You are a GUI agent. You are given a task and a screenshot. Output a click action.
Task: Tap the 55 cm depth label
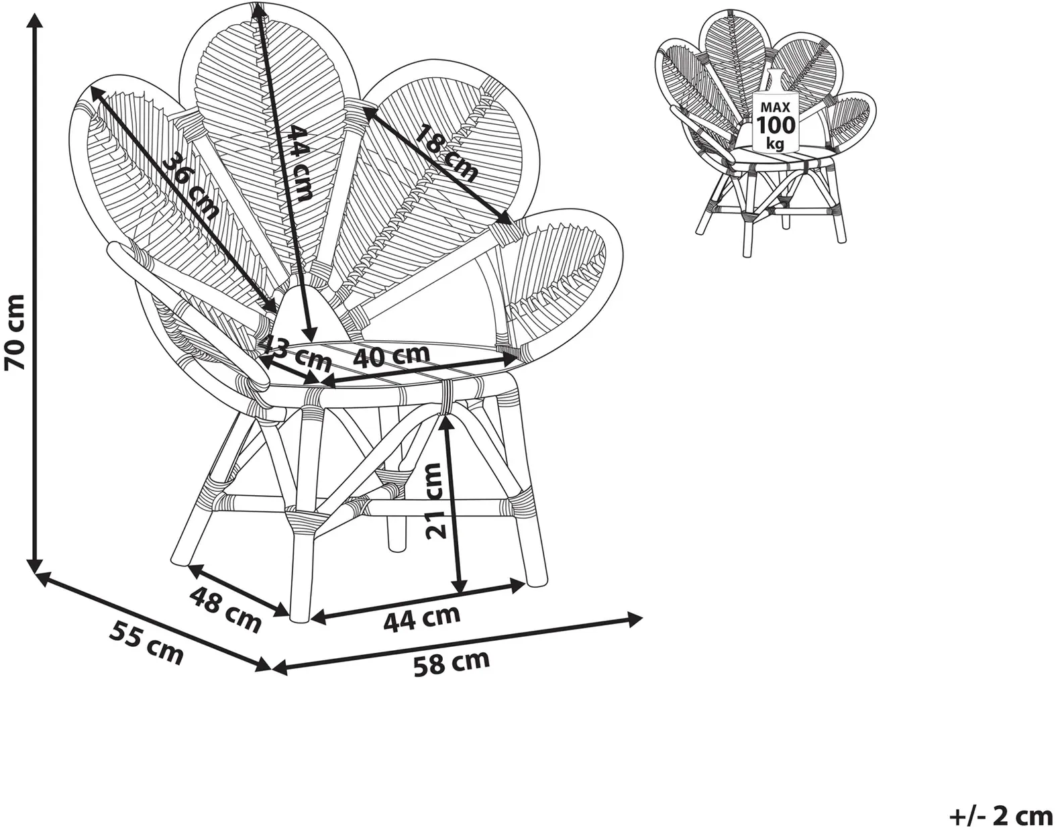click(146, 642)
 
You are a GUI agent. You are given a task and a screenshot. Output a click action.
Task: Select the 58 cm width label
click(452, 662)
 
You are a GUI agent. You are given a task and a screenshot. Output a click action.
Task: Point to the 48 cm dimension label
click(225, 609)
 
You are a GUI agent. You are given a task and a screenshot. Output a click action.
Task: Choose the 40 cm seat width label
click(392, 356)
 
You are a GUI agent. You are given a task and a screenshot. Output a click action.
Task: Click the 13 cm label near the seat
click(297, 354)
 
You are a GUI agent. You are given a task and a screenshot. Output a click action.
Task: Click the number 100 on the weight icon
click(776, 125)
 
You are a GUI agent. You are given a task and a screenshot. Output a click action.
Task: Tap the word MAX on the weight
click(776, 107)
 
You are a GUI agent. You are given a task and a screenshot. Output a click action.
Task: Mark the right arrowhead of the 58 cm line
click(633, 619)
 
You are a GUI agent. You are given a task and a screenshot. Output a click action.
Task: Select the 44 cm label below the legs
click(422, 619)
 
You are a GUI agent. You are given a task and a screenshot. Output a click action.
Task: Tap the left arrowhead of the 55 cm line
click(43, 578)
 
